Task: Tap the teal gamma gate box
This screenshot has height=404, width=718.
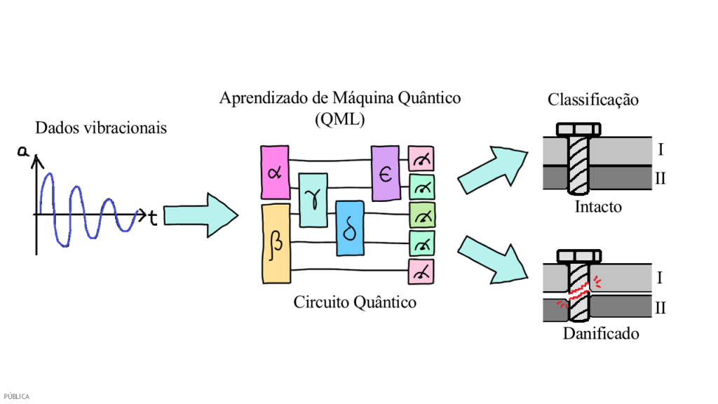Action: click(x=313, y=200)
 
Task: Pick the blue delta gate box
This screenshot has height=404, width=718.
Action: click(x=350, y=228)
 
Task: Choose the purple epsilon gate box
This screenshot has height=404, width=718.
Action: click(x=385, y=173)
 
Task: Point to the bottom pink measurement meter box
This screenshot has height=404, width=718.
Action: click(x=422, y=271)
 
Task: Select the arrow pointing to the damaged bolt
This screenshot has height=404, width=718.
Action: click(x=492, y=259)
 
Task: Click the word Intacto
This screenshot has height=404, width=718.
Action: click(x=598, y=208)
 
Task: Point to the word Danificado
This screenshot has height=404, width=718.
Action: click(x=601, y=334)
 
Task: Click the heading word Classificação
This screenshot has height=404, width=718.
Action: click(x=592, y=100)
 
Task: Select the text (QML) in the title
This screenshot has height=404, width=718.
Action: click(x=340, y=119)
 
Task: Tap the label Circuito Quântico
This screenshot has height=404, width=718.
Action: click(x=355, y=303)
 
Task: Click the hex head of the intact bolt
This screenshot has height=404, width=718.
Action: click(x=579, y=129)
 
